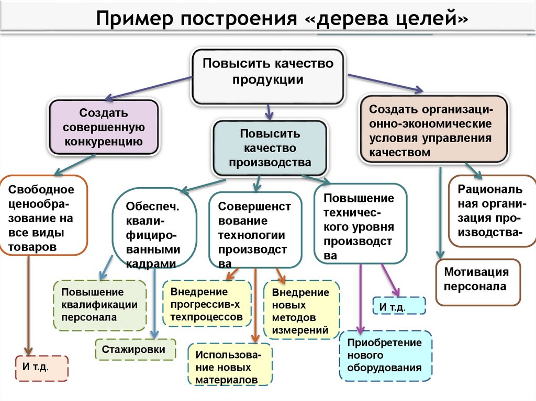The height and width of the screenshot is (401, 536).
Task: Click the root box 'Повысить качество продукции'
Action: (x=267, y=76)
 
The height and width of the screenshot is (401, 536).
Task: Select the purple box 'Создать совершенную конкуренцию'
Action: (x=104, y=127)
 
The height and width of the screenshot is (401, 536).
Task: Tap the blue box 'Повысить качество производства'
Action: (x=270, y=148)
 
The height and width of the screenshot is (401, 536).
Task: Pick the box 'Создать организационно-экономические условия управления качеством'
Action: (x=434, y=130)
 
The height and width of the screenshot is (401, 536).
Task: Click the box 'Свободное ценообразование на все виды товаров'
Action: (x=43, y=215)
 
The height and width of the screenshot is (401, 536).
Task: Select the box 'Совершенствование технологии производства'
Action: (x=255, y=230)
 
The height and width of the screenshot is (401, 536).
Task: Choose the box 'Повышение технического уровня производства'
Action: (x=360, y=224)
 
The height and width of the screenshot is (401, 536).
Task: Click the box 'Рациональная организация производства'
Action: (x=492, y=211)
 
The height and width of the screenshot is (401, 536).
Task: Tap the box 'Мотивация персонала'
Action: (x=478, y=282)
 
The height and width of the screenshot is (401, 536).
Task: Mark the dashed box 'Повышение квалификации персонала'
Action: (x=100, y=305)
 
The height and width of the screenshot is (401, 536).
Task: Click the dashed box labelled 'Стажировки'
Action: (x=136, y=349)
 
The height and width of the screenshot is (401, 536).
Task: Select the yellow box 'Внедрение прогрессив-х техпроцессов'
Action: (x=207, y=304)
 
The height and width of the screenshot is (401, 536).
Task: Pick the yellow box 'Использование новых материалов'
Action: (x=230, y=364)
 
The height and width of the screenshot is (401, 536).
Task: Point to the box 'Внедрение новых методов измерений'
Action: (x=301, y=310)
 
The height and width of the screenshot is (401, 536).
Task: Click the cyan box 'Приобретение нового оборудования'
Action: (x=386, y=356)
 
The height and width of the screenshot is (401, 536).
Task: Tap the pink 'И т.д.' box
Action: (x=42, y=368)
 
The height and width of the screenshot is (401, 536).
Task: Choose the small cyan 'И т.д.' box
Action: (x=398, y=306)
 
